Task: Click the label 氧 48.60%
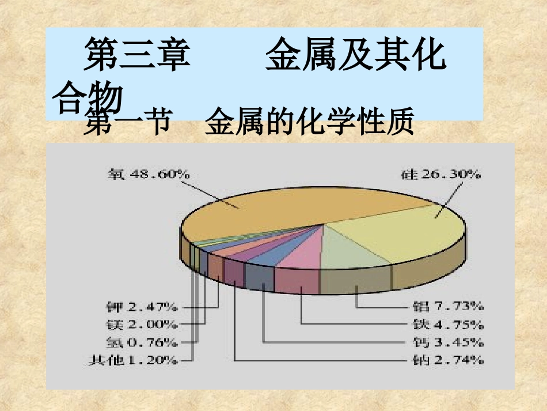pos(149,174)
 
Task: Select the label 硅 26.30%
pos(440,174)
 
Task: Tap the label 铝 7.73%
pos(449,306)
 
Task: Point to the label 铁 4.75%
pos(449,324)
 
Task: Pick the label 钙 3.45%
pos(449,342)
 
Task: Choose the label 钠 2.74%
pos(449,361)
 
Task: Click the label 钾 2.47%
pos(142,306)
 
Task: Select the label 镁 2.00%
pos(142,325)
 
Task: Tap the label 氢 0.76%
pos(142,342)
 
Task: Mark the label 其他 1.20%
pos(133,361)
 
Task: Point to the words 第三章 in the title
pos(136,55)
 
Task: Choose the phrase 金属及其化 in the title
pos(355,55)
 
